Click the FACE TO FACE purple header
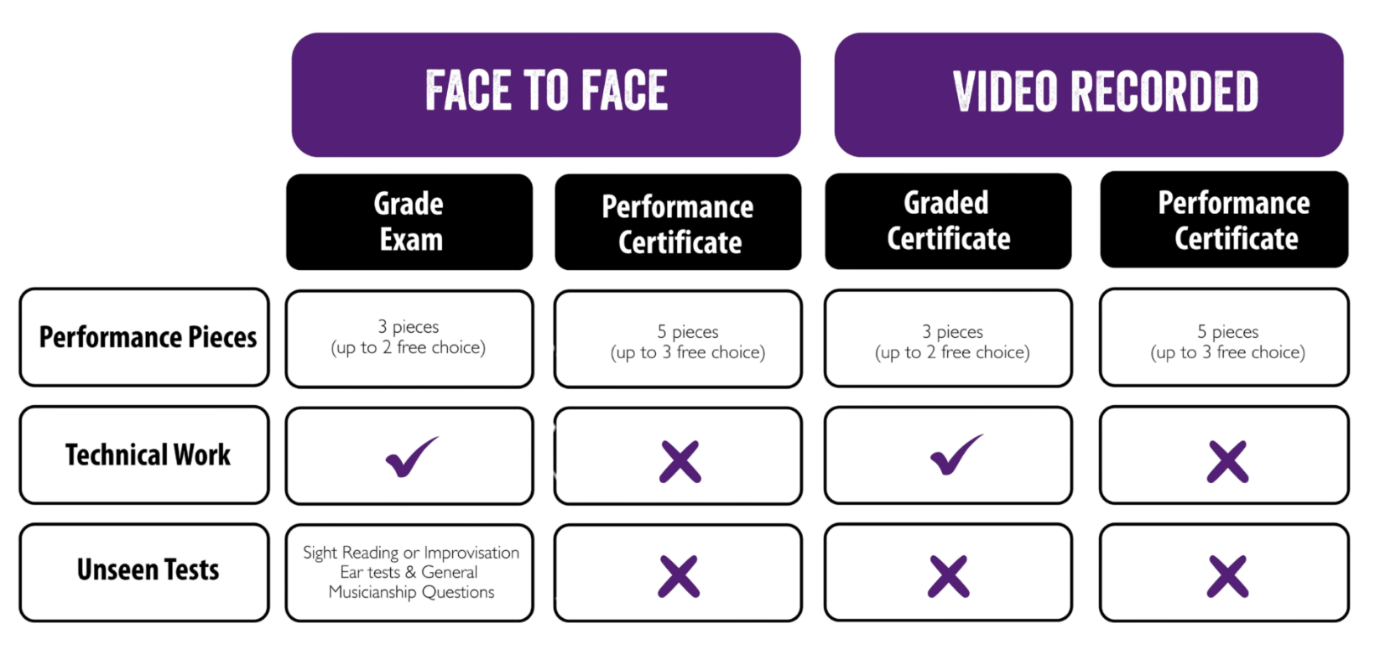coord(546,95)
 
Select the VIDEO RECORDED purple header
coord(1089,95)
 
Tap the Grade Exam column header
coord(409,221)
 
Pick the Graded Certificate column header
coord(948,221)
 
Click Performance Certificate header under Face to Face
coord(678,221)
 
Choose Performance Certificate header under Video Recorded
coord(1224,220)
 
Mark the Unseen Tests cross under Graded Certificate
coord(948,577)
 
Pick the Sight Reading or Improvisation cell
coord(409,573)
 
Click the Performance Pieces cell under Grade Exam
coord(409,339)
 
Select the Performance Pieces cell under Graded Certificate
coord(948,338)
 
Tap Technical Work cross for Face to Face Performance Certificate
coord(680,462)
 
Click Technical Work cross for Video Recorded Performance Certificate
coord(1227,462)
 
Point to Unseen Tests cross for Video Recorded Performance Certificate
coord(1227,577)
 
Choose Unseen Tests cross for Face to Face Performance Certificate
coord(679,577)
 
